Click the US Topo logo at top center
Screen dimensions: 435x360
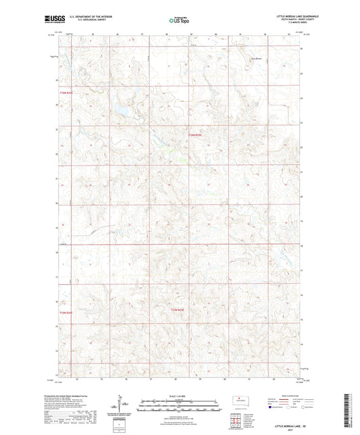coord(179,20)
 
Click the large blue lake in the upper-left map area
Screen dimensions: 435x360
coord(122,108)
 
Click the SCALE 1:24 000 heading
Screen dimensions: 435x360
coord(179,396)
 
